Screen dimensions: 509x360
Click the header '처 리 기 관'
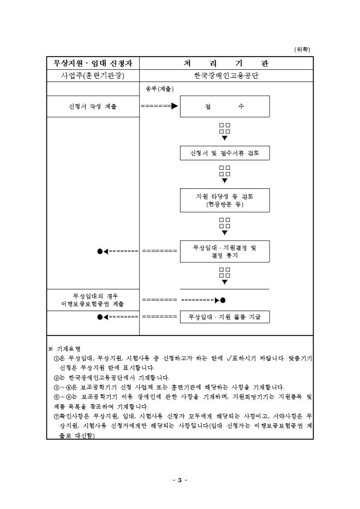click(226, 63)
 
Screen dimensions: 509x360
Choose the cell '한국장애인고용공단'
click(226, 76)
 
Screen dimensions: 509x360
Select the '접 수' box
click(224, 106)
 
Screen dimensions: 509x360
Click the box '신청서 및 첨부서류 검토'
click(224, 153)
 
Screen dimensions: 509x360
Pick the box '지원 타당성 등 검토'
click(224, 200)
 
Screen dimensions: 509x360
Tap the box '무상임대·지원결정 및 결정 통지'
click(224, 251)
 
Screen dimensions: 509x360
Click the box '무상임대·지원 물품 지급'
click(224, 317)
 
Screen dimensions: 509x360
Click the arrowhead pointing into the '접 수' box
click(175, 106)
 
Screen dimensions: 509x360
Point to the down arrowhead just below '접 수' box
click(224, 138)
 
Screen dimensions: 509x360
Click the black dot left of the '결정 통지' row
click(100, 251)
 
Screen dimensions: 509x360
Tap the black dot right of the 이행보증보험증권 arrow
click(223, 300)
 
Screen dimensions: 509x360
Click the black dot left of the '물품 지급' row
click(100, 317)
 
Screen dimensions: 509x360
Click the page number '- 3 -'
click(180, 480)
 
